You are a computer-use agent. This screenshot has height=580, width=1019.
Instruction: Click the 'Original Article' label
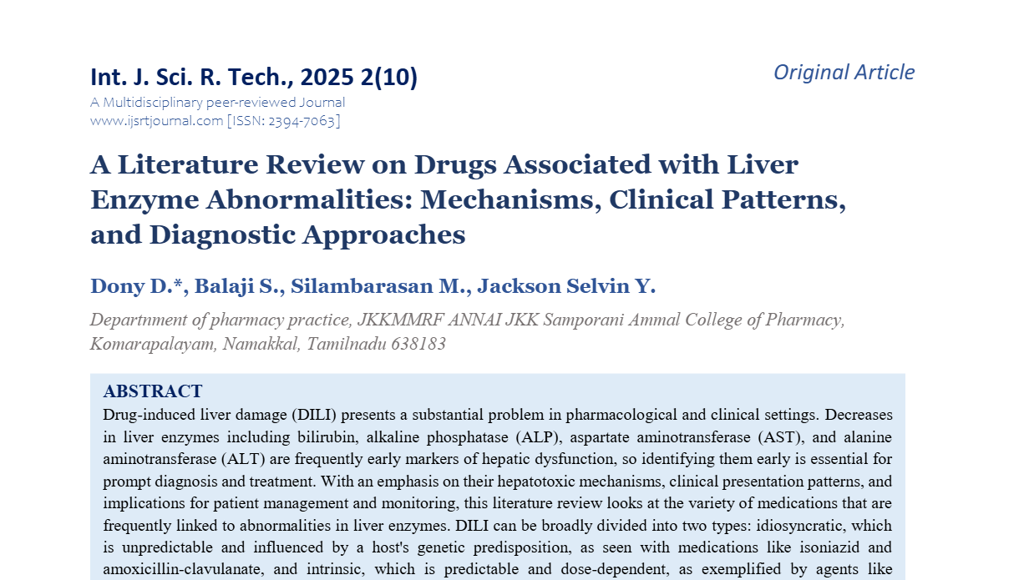(844, 73)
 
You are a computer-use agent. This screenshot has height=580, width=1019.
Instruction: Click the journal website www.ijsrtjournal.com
(156, 120)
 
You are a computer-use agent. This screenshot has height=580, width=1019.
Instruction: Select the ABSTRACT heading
(153, 391)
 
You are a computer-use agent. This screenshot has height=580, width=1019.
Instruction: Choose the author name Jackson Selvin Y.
(568, 286)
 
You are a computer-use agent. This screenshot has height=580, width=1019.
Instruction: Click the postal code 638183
(418, 344)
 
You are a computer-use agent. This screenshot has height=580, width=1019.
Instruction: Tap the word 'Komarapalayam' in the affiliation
(152, 344)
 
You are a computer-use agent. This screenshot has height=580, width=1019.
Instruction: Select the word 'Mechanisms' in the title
(508, 200)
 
